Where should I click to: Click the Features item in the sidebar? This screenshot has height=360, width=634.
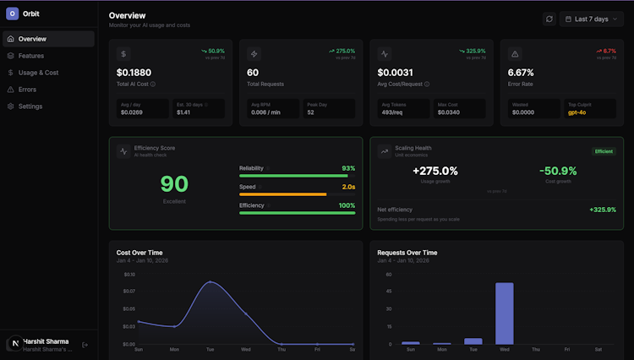pyautogui.click(x=30, y=56)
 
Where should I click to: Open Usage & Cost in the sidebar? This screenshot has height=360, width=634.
pyautogui.click(x=38, y=73)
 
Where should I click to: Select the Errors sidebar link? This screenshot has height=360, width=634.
pyautogui.click(x=27, y=90)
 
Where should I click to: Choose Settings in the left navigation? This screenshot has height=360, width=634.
pyautogui.click(x=30, y=106)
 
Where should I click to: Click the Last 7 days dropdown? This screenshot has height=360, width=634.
pyautogui.click(x=592, y=19)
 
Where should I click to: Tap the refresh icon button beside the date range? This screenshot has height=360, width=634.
pyautogui.click(x=549, y=19)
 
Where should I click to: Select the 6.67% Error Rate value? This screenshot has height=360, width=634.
pyautogui.click(x=520, y=73)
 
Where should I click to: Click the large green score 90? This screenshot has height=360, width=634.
pyautogui.click(x=174, y=183)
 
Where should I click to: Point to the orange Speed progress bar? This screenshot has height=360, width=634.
pyautogui.click(x=282, y=194)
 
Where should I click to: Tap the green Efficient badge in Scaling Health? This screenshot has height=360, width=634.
pyautogui.click(x=604, y=151)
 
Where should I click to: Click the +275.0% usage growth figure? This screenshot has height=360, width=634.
pyautogui.click(x=435, y=171)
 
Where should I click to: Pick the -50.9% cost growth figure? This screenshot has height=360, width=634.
pyautogui.click(x=559, y=171)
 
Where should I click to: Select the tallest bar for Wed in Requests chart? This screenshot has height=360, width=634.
pyautogui.click(x=505, y=313)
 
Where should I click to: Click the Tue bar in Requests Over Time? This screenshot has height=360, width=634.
pyautogui.click(x=473, y=341)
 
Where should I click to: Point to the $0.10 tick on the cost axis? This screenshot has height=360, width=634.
pyautogui.click(x=129, y=275)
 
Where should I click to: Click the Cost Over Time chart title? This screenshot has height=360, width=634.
pyautogui.click(x=139, y=253)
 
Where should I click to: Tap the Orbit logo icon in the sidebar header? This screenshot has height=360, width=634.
pyautogui.click(x=12, y=14)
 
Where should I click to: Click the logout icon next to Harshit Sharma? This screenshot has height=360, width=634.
pyautogui.click(x=85, y=345)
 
